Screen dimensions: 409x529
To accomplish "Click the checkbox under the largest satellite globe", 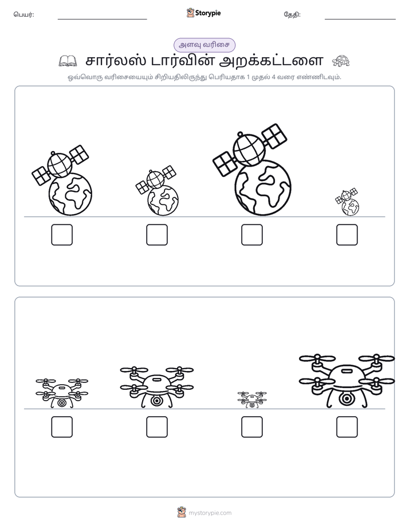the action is tap(251, 235).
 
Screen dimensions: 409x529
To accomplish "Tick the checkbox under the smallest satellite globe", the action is tap(347, 235).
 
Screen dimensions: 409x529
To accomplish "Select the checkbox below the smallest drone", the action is tap(251, 427).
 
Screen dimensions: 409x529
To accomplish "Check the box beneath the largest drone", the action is tap(347, 427).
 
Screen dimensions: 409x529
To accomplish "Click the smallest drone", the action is tap(251, 400).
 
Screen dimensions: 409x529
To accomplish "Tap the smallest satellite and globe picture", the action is tap(347, 202).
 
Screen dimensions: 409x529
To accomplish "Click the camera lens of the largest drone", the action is tap(347, 399).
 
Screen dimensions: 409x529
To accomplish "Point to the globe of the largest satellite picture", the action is tap(263, 187).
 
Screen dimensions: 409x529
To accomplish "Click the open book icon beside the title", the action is tap(68, 61).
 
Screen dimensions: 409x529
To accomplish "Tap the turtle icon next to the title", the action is tap(341, 61).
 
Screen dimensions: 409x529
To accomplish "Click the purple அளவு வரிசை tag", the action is tap(204, 45).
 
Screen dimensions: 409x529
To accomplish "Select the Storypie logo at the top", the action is tap(204, 13).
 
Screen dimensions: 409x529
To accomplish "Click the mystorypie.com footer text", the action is tap(210, 513).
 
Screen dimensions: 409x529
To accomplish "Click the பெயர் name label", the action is tap(24, 14).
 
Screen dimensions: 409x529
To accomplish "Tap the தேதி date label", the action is tap(292, 14).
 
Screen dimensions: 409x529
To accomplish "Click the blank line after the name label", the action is tap(102, 19).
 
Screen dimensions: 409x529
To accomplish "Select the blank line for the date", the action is tap(360, 19).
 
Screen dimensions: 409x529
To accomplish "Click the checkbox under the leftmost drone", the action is tap(62, 427).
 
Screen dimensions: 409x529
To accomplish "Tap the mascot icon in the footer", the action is tap(182, 512).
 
